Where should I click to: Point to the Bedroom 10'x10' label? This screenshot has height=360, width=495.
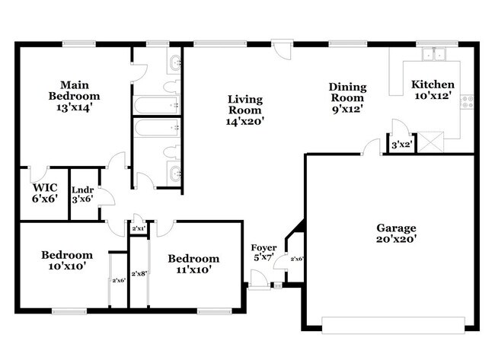(68, 260)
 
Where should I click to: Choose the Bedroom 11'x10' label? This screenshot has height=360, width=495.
(194, 263)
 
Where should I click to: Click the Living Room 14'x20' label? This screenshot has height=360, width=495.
(245, 110)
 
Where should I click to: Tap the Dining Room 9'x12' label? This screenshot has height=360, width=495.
(346, 97)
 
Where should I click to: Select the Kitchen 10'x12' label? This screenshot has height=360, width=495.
(433, 90)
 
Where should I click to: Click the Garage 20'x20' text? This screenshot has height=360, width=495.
(396, 233)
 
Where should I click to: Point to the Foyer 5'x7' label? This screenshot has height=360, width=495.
(264, 253)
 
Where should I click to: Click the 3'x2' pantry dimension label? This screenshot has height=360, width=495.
(401, 145)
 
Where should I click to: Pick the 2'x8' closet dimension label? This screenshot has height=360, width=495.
(139, 273)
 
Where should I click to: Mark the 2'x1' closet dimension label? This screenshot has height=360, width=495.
(139, 228)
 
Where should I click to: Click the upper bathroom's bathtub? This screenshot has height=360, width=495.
(156, 105)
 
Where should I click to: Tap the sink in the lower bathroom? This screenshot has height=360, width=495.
(174, 171)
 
